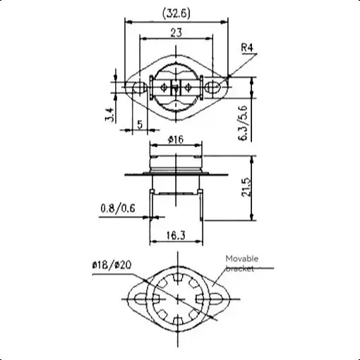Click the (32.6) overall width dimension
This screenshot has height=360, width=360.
coord(176,13)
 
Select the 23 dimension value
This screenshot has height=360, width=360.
coord(176,32)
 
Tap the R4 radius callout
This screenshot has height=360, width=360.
coord(247,48)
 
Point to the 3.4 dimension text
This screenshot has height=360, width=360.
coord(110,114)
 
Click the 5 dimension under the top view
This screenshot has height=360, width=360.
coord(140,124)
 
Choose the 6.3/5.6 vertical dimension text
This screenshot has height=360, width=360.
coord(244,123)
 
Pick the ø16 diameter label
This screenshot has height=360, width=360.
coord(176,140)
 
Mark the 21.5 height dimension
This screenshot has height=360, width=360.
coord(247,188)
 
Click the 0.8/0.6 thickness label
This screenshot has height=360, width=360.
coord(118,208)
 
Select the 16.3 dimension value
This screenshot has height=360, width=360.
coord(176,235)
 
